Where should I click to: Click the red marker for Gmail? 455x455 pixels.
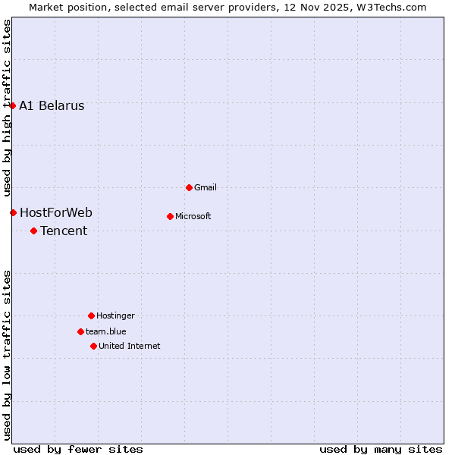(189, 187)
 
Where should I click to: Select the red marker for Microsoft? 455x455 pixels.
(170, 216)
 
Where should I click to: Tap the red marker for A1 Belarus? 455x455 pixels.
(12, 105)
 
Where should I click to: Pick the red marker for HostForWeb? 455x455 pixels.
(13, 212)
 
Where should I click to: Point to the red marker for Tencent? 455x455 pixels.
(33, 231)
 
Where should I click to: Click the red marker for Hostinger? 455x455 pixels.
(91, 315)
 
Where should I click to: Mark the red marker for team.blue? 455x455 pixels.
(80, 331)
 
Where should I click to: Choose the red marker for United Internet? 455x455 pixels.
(93, 346)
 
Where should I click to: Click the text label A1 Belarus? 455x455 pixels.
(52, 106)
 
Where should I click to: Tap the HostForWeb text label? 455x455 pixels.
(56, 212)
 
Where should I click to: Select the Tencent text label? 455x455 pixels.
(64, 231)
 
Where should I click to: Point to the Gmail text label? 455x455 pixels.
(206, 187)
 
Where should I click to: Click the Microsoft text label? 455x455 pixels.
(193, 216)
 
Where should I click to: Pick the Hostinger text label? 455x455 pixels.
(115, 315)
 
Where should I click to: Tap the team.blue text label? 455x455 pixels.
(106, 331)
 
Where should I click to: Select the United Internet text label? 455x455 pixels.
(130, 346)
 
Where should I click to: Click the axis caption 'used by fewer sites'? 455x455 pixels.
(78, 449)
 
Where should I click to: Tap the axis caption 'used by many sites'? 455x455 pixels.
(381, 449)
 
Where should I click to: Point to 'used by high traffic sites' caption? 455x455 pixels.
(7, 107)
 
